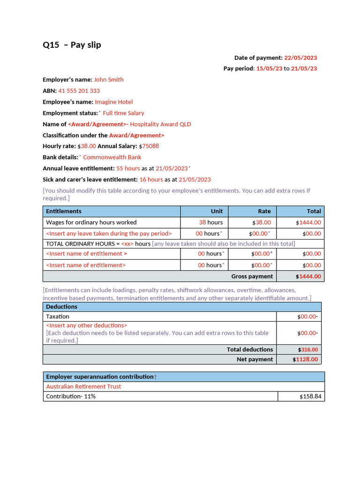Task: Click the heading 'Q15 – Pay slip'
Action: (x=72, y=45)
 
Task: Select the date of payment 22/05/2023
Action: (x=300, y=58)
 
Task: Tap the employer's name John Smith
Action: (x=109, y=80)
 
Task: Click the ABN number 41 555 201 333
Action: (x=79, y=91)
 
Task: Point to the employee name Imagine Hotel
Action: (x=114, y=102)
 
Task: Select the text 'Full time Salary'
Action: (x=124, y=113)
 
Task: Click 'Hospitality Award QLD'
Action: (x=160, y=124)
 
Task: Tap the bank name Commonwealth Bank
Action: (x=112, y=157)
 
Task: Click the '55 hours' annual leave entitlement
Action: (x=128, y=168)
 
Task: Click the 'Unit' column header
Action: (x=217, y=211)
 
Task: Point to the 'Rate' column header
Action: (x=264, y=211)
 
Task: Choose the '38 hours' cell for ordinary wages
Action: (x=211, y=223)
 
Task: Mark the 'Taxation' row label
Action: (x=58, y=317)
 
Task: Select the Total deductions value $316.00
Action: (x=308, y=350)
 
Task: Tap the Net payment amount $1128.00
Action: (x=306, y=360)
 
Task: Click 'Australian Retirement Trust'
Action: (x=83, y=387)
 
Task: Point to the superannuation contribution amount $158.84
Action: (x=310, y=397)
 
